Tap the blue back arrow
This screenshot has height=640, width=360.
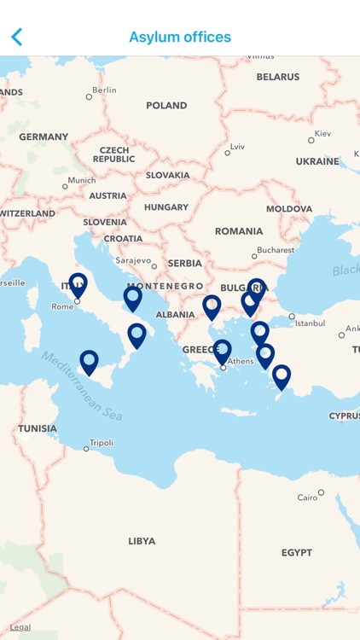tap(16, 37)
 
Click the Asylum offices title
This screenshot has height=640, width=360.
tap(180, 37)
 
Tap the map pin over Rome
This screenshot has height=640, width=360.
tap(78, 284)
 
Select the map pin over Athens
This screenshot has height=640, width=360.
tap(222, 351)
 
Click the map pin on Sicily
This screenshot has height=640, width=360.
tap(89, 362)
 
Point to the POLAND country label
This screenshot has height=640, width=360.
tap(166, 106)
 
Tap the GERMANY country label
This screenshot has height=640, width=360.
tap(44, 137)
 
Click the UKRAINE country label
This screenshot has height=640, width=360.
tap(317, 161)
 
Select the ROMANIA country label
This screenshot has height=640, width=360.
tap(239, 231)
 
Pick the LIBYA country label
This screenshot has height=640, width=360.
tap(142, 541)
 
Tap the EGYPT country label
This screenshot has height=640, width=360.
tap(297, 553)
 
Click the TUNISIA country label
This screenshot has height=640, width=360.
tap(38, 428)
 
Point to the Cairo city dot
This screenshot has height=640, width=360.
tap(321, 492)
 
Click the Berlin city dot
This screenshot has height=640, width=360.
tap(89, 96)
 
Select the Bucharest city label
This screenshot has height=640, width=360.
tap(276, 250)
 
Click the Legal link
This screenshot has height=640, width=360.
tap(20, 627)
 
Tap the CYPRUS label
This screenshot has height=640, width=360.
tap(344, 416)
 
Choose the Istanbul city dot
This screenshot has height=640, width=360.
tap(292, 317)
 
